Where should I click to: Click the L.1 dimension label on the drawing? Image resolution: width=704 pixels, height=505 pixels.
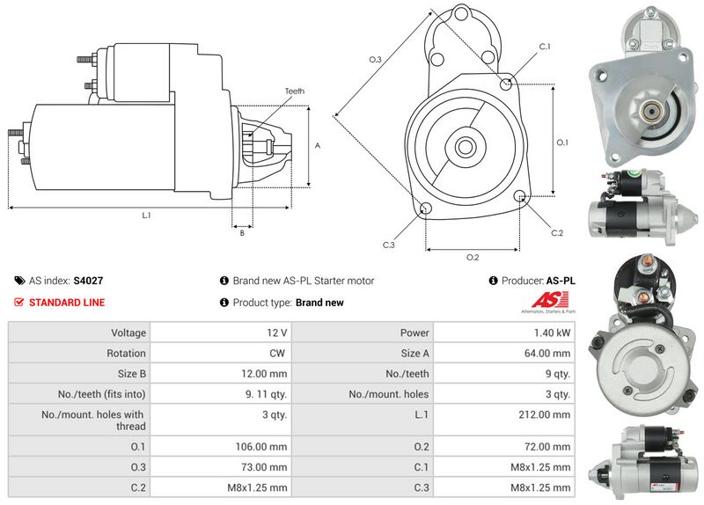tap(146, 216)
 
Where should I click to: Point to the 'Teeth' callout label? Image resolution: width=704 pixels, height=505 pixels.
tap(294, 91)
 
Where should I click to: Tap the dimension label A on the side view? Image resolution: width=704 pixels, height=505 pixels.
tap(317, 146)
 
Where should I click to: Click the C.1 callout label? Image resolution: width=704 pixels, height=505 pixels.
tap(544, 46)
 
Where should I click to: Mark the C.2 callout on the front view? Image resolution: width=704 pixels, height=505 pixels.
tap(556, 233)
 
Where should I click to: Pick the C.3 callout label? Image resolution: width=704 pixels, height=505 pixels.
tap(389, 245)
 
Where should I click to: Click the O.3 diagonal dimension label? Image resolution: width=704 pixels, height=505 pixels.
tap(374, 60)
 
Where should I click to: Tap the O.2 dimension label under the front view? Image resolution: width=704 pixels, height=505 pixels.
tap(472, 257)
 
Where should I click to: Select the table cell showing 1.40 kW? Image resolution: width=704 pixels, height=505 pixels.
tap(554, 333)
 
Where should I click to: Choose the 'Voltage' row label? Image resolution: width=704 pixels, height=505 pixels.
tap(128, 333)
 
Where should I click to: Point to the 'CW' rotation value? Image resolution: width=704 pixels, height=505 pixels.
tap(277, 354)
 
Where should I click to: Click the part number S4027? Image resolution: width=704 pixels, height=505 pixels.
tap(88, 281)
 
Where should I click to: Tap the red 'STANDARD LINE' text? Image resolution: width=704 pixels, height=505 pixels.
tap(67, 303)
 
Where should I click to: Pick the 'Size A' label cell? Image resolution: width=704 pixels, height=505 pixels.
tap(415, 354)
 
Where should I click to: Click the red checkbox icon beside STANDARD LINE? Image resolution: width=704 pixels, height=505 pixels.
tap(19, 303)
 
